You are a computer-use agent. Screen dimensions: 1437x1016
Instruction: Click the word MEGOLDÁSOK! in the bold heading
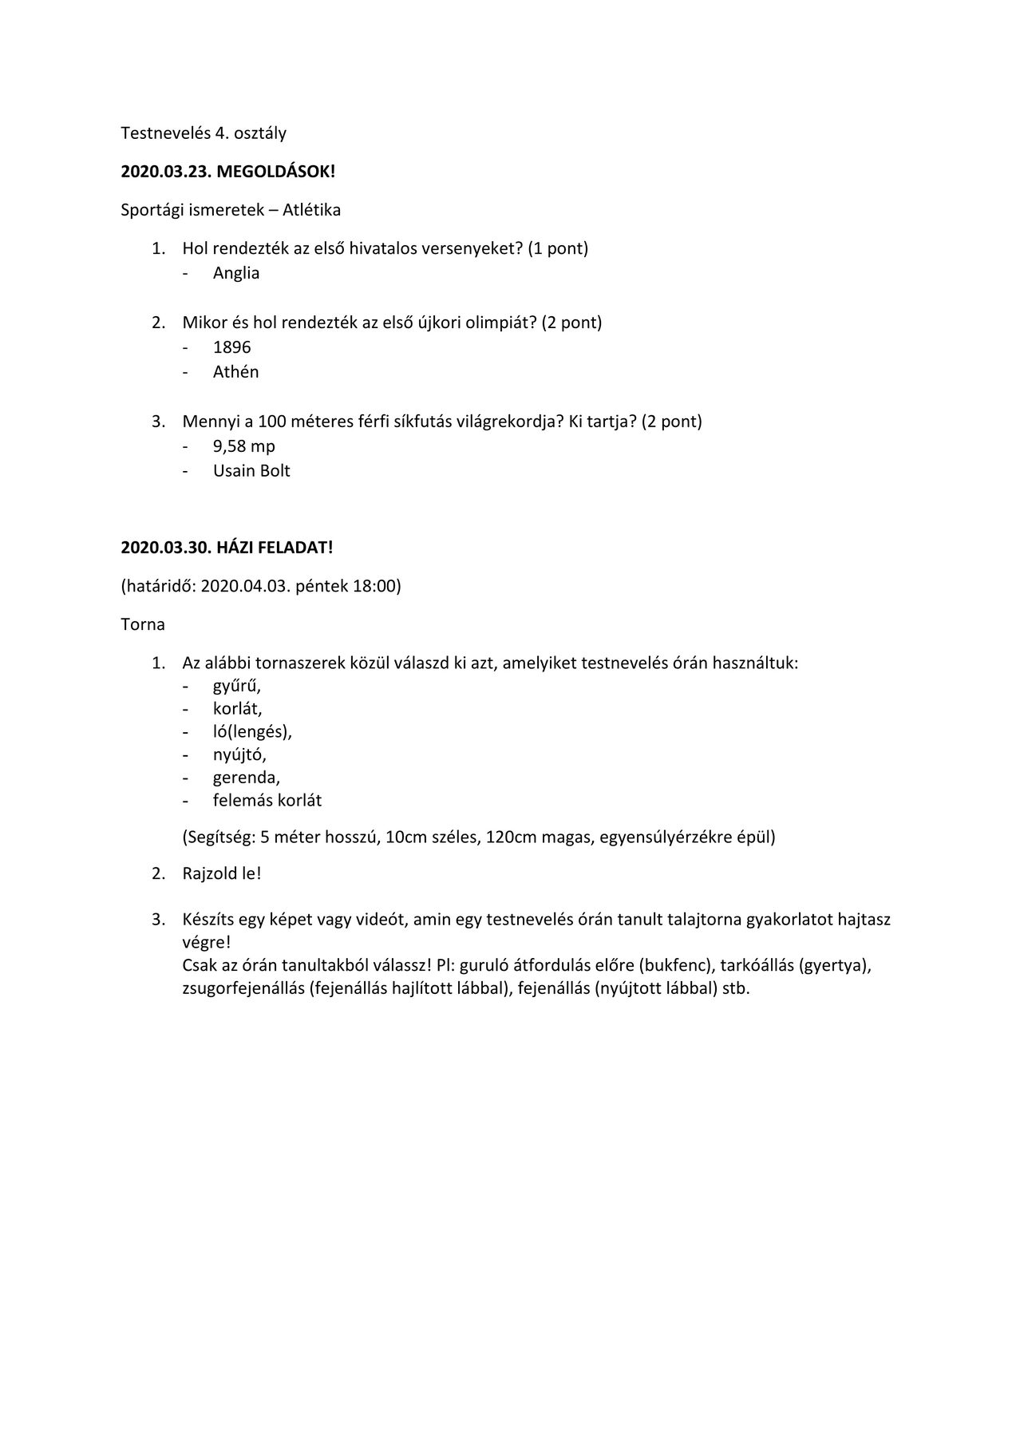(276, 172)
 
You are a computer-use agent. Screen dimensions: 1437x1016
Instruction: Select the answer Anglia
(236, 273)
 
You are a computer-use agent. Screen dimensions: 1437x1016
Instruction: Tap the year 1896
(231, 347)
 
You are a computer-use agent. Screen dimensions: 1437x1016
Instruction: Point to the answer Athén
(235, 372)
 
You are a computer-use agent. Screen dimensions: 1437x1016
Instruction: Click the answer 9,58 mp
(243, 446)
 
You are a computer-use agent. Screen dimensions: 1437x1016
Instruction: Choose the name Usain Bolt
(251, 471)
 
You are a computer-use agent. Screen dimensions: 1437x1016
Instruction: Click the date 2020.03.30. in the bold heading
(166, 548)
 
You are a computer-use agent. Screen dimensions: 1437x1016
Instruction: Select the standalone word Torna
(143, 624)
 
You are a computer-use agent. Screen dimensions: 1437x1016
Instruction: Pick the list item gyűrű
(236, 686)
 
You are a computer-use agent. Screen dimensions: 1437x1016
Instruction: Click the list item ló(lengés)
(252, 731)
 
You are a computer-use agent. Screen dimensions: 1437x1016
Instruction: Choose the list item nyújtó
(239, 754)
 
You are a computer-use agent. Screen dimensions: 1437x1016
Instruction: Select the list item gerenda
(246, 778)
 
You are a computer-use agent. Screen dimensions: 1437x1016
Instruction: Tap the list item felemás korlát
(267, 800)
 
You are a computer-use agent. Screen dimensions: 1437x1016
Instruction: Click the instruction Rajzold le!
(222, 873)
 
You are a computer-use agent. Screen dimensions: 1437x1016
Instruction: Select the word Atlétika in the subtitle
(311, 210)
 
